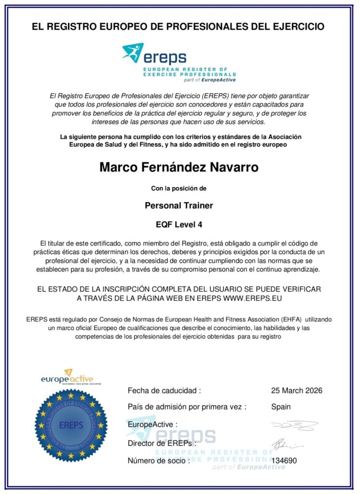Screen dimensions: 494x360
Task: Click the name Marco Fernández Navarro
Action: click(179, 167)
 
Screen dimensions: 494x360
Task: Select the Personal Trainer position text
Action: click(179, 205)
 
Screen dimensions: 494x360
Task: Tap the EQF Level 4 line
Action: click(179, 223)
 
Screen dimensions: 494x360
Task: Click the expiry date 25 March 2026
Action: click(297, 390)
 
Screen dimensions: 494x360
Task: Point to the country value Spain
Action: click(281, 407)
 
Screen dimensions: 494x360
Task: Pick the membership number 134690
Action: click(284, 461)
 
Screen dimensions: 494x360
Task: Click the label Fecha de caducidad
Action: click(164, 390)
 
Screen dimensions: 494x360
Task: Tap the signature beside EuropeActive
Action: click(294, 425)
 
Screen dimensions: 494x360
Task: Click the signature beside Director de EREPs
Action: click(287, 443)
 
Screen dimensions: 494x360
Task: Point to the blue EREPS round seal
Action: click(71, 425)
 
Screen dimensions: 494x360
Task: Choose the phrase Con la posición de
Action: click(179, 188)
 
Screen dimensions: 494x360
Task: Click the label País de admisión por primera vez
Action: click(187, 407)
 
